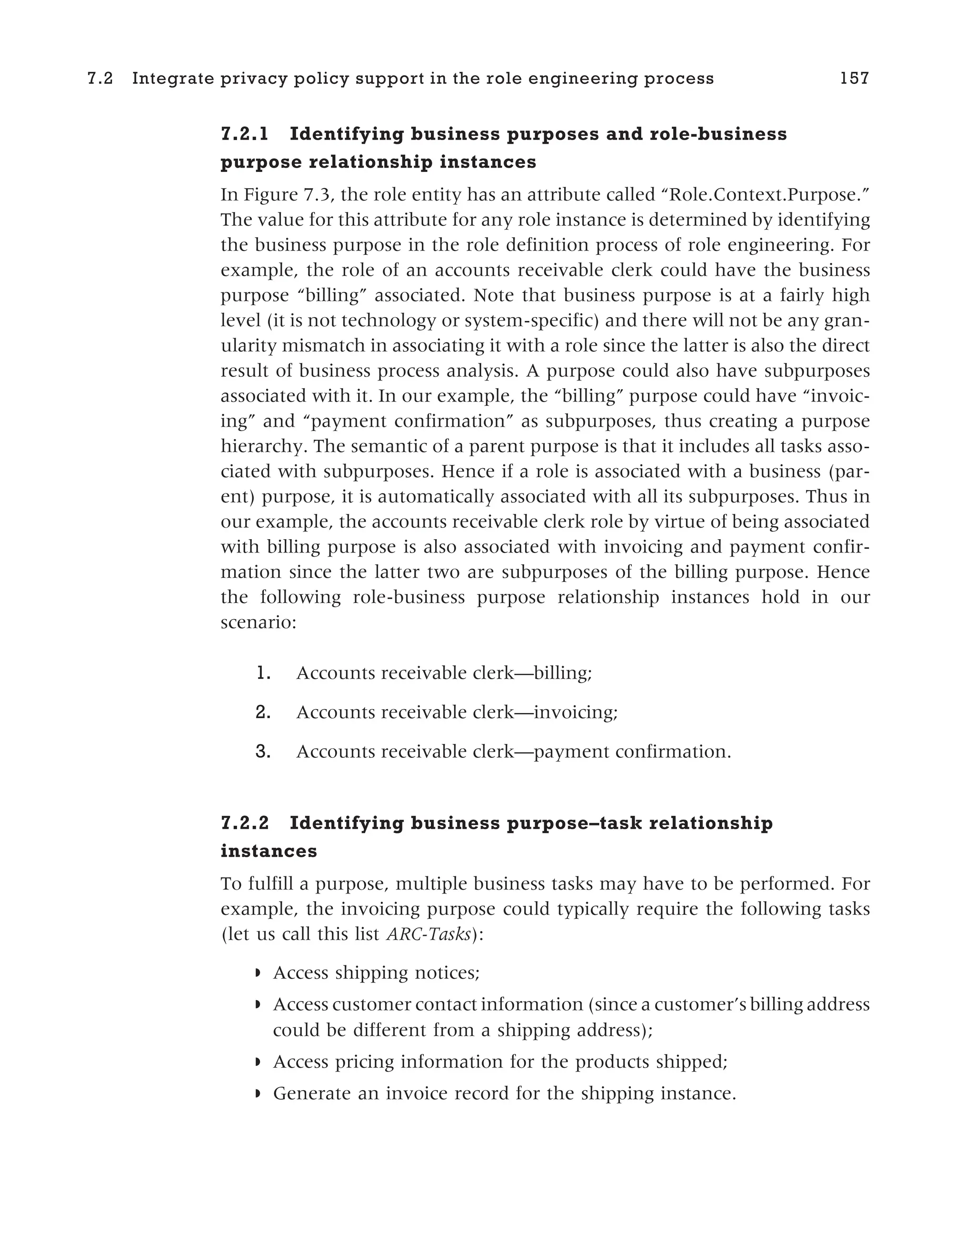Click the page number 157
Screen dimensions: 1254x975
(854, 79)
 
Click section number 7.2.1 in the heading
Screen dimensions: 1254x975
(245, 134)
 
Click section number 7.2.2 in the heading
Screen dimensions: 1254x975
(245, 823)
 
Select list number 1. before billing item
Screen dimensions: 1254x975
(263, 673)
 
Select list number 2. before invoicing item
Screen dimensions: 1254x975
(263, 712)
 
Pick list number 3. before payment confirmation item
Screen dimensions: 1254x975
(263, 752)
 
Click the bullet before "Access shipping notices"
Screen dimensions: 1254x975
(258, 973)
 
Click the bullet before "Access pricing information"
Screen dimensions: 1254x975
(258, 1062)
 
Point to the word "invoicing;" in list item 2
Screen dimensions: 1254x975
(576, 712)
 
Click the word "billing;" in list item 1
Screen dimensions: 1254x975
(562, 673)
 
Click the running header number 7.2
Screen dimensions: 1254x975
(100, 79)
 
